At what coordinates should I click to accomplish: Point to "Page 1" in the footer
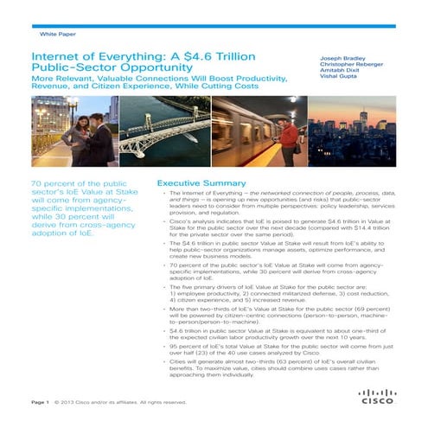coord(39,402)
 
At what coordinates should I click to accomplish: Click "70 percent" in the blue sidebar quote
coord(54,185)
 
